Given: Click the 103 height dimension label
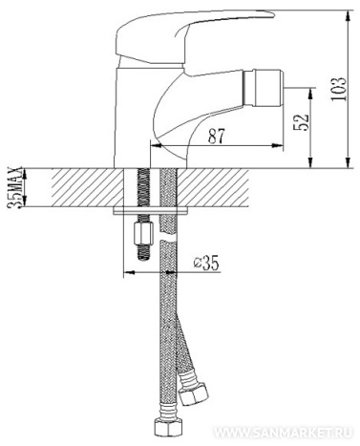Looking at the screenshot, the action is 338,89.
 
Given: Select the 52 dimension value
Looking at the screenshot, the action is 301,122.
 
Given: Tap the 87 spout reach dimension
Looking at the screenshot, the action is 217,136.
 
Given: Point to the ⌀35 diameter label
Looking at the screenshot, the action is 207,263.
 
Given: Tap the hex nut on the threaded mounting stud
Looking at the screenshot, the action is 143,233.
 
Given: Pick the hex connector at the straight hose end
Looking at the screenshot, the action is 168,428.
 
